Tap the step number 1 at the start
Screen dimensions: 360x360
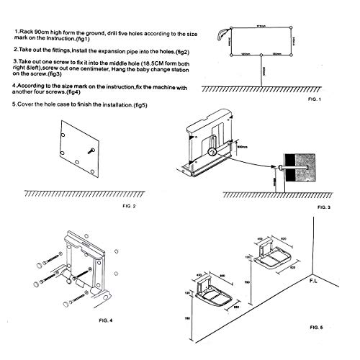point(15,32)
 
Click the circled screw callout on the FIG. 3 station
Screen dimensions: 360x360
point(212,152)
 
